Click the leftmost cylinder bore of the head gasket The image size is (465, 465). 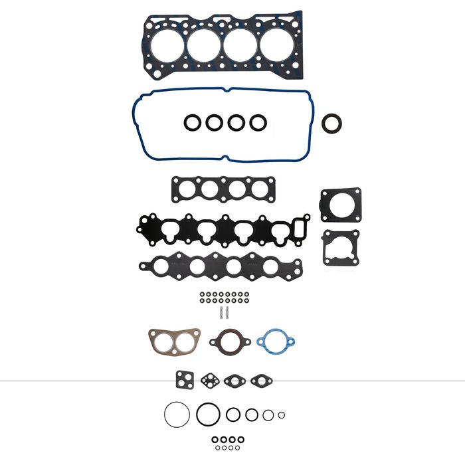164,45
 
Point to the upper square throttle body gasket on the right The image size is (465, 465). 340,204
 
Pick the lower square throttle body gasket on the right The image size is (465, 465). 340,247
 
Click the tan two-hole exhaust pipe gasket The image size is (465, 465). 174,341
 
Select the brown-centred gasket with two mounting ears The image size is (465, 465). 230,341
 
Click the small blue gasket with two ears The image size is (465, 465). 275,341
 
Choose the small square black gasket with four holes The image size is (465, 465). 184,380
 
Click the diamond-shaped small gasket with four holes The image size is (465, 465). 211,381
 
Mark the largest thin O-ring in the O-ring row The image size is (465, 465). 177,415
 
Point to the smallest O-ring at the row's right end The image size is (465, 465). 282,415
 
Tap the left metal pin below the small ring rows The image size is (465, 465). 217,310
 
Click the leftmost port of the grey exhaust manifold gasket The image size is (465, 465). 161,266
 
